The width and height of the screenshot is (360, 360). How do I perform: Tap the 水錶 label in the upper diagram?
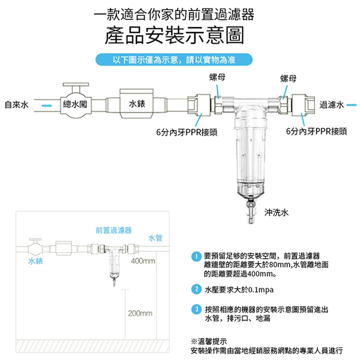(x=136, y=104)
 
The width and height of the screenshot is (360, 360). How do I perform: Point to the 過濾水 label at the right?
(x=332, y=105)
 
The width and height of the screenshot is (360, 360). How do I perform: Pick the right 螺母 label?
(x=288, y=79)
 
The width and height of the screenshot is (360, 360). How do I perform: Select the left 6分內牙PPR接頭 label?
(x=187, y=132)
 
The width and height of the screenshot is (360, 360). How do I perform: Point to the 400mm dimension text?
(x=143, y=261)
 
